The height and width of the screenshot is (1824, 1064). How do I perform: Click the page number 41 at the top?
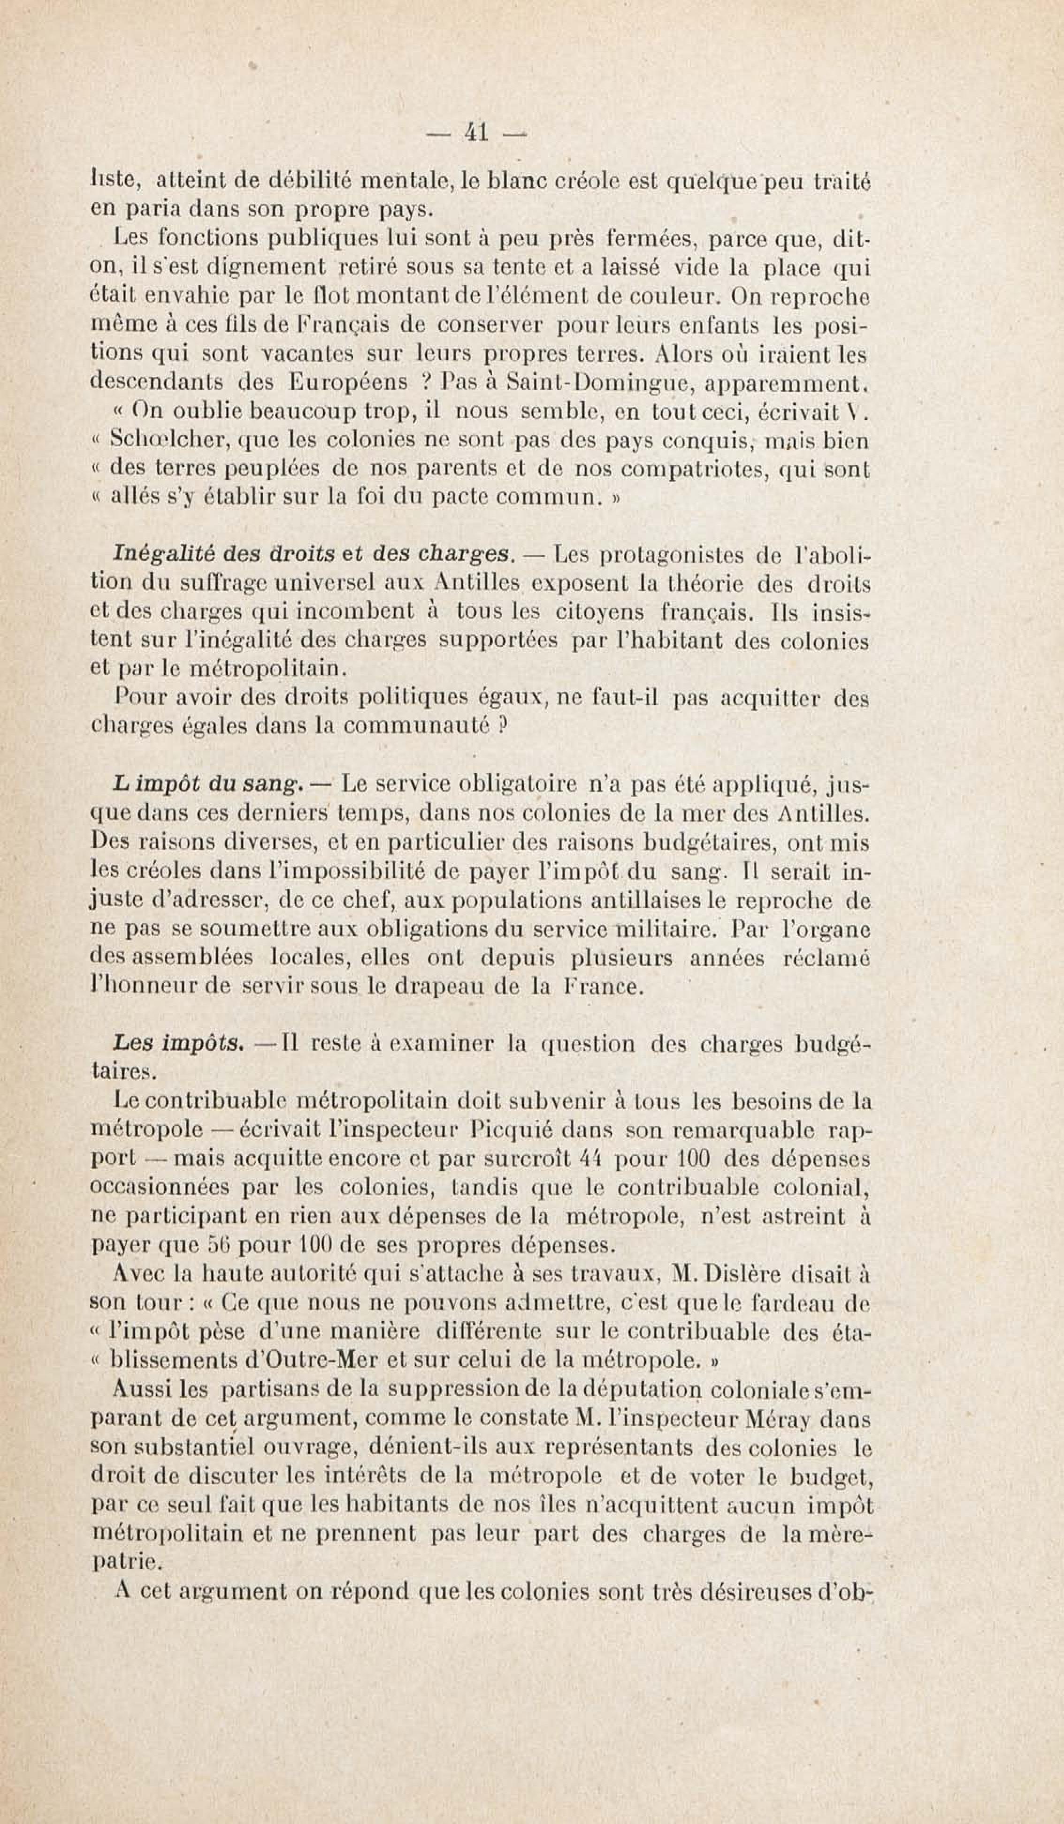(x=475, y=132)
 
